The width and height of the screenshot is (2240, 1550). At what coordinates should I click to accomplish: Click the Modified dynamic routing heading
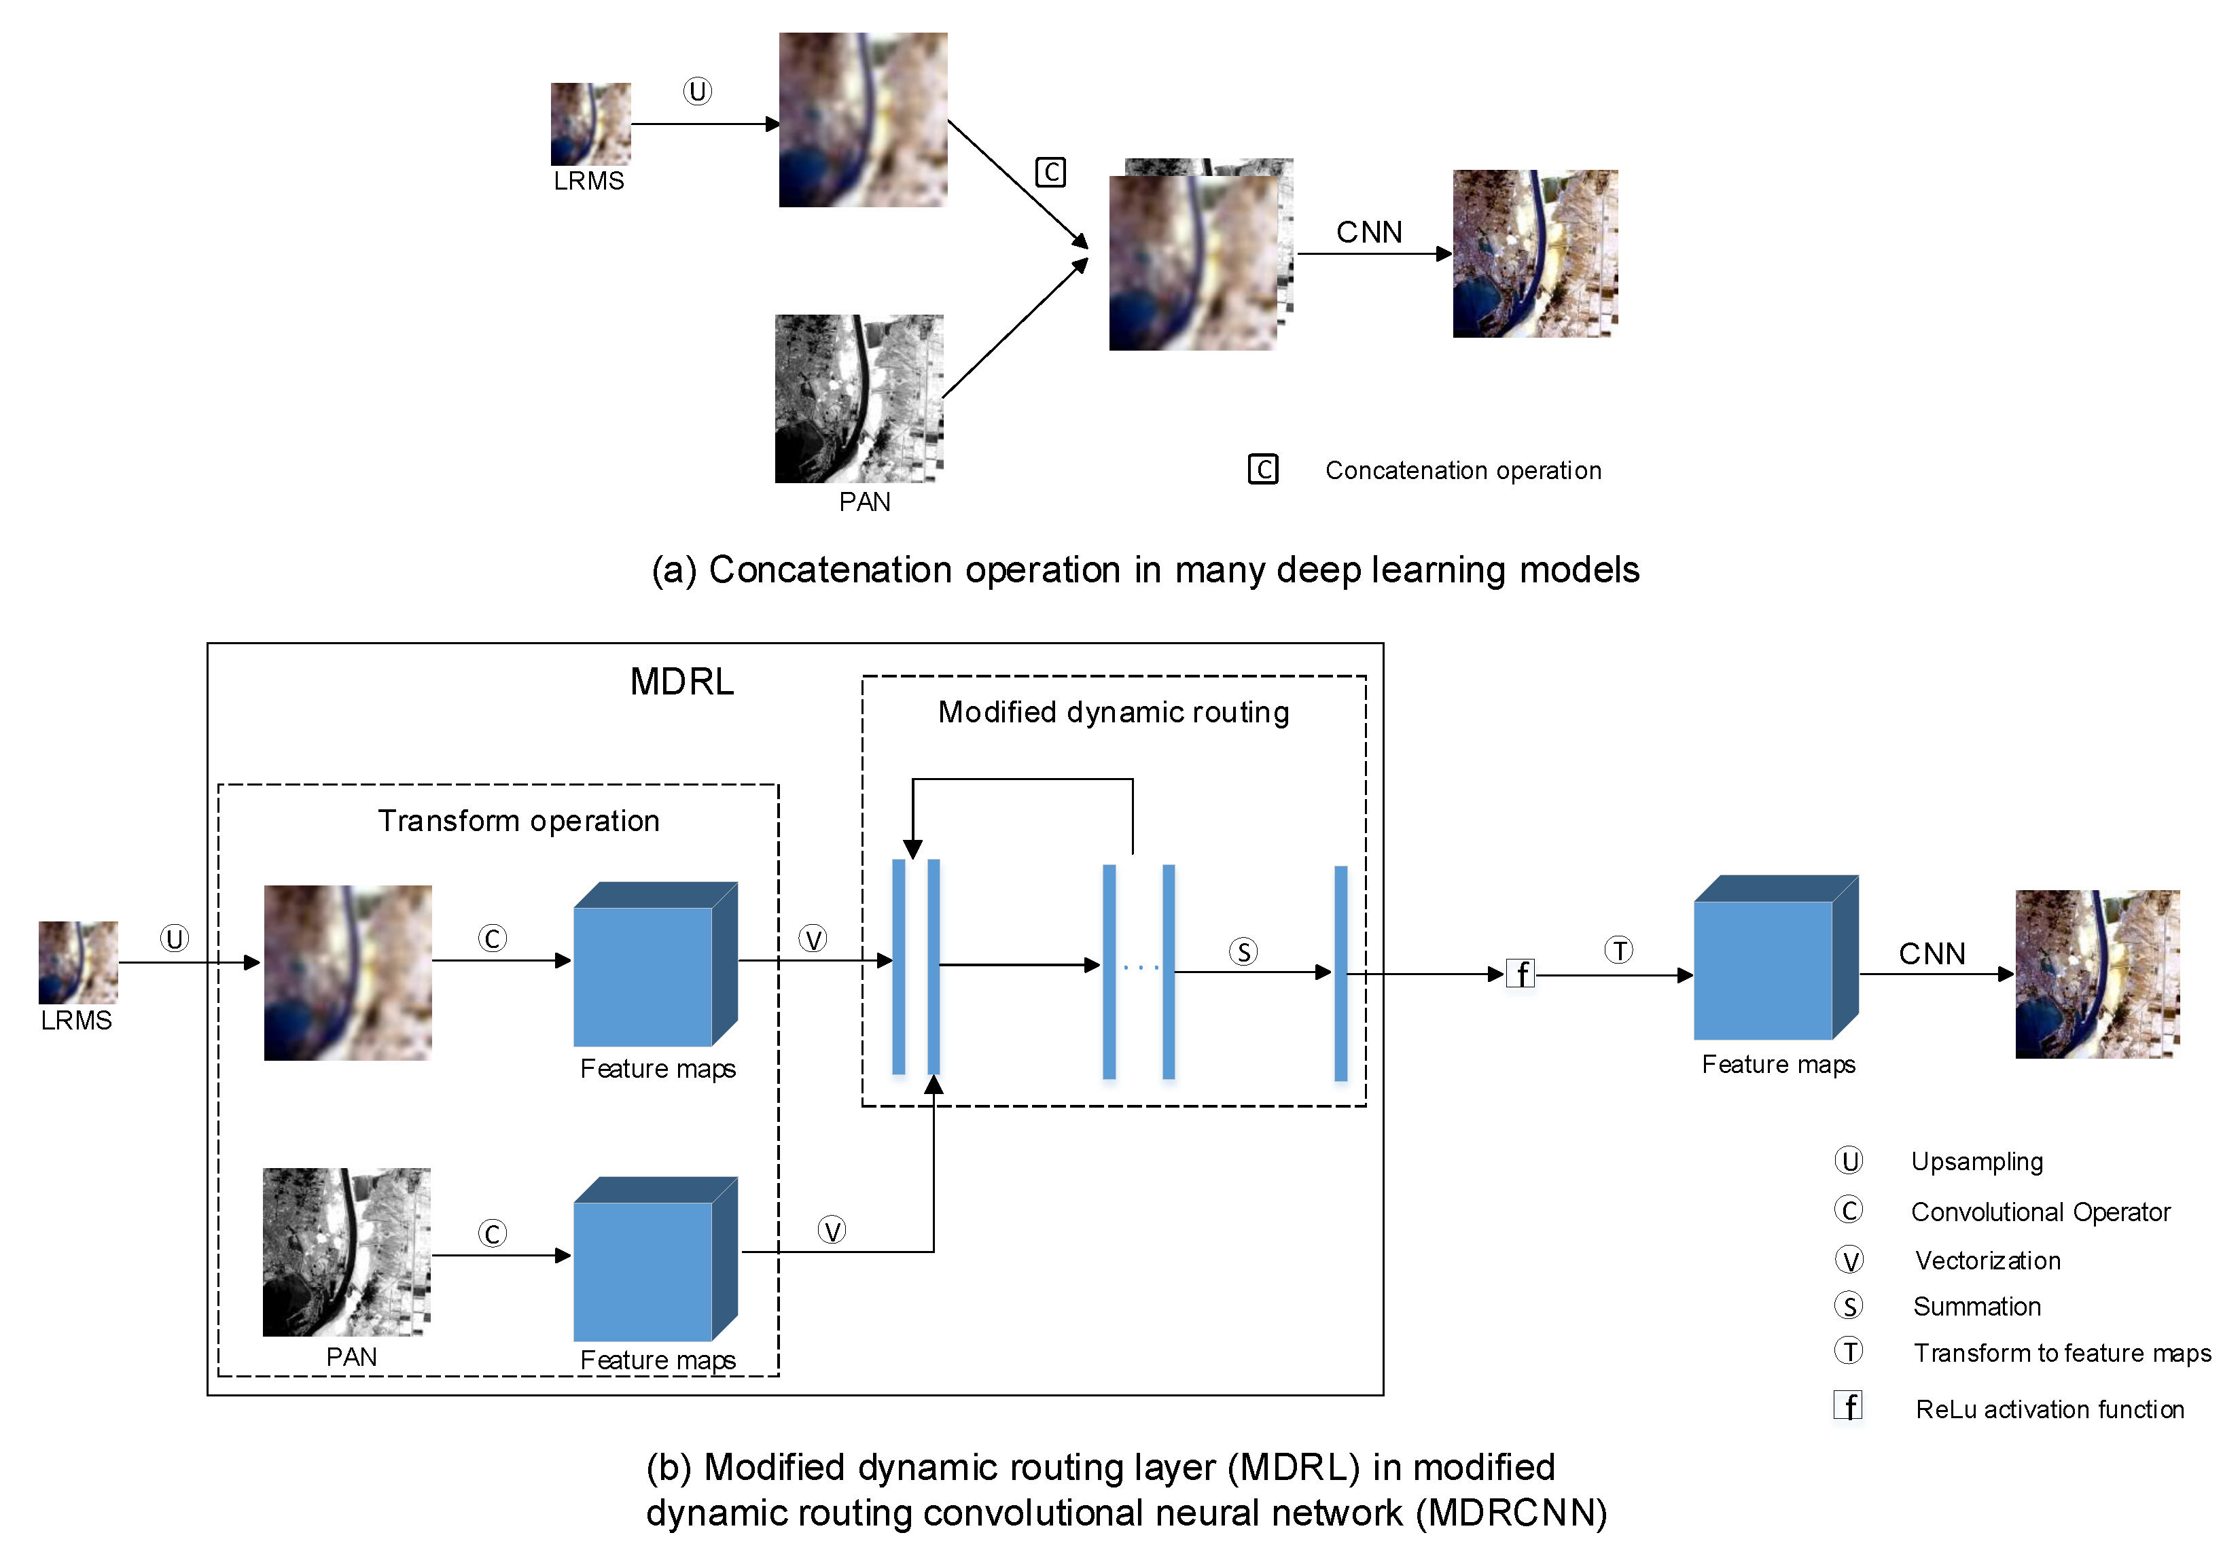tap(1113, 712)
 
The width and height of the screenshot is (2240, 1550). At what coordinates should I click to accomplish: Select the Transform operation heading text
tap(518, 821)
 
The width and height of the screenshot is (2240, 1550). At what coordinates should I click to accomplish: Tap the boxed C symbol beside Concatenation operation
tap(1262, 469)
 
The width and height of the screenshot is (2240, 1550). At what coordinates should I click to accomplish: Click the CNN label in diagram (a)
tap(1368, 232)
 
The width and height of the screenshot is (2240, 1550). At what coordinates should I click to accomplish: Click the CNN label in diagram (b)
tap(1932, 953)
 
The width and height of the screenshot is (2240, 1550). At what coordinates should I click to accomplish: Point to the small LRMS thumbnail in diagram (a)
tap(590, 124)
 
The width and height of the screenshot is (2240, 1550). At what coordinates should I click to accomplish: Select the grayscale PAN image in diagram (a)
tap(858, 398)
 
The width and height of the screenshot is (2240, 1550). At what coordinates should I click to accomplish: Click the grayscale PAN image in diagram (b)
tap(346, 1252)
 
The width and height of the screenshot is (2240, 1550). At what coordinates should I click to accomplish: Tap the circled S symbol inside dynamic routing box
tap(1243, 952)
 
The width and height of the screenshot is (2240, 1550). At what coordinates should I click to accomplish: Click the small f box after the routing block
tap(1521, 973)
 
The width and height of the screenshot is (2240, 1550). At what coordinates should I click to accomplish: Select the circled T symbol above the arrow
tap(1618, 950)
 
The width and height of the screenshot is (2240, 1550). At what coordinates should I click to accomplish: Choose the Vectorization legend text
tap(1987, 1261)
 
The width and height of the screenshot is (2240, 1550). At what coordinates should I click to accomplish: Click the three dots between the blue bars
tap(1140, 967)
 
